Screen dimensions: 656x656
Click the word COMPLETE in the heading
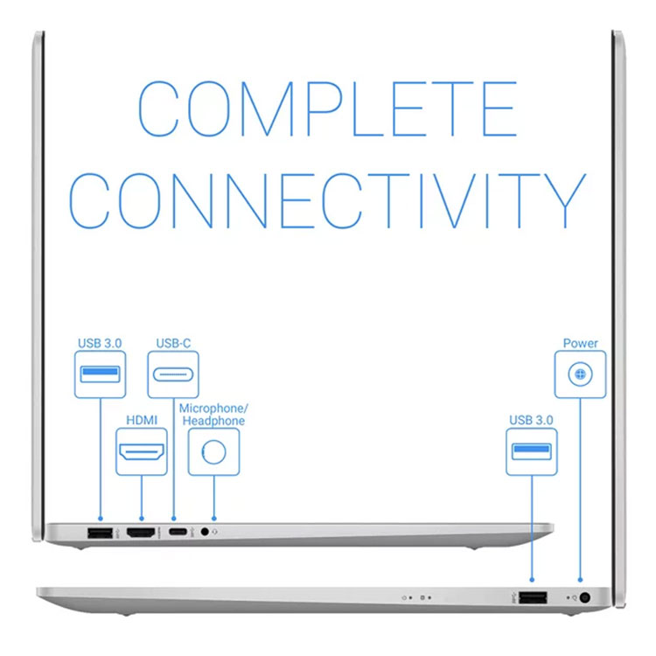[x=328, y=108]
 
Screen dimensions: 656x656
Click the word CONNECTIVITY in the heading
[x=328, y=200]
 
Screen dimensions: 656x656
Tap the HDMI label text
[x=142, y=420]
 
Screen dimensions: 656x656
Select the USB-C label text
[x=173, y=344]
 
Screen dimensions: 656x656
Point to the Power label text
[x=580, y=344]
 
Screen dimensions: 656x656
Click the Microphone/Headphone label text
[x=213, y=415]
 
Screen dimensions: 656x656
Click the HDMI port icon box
[x=142, y=452]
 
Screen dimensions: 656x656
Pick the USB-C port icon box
[x=173, y=374]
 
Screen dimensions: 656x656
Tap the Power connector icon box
[x=580, y=374]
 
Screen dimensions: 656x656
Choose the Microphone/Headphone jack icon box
[x=213, y=452]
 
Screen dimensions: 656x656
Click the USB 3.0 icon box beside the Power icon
[x=532, y=452]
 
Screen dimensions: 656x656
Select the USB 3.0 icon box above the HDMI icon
[x=100, y=374]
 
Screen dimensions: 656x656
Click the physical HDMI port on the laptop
[x=141, y=533]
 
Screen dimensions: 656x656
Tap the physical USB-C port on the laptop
[x=178, y=532]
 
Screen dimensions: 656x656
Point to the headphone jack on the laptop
[x=205, y=532]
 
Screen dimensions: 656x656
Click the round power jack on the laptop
[x=585, y=598]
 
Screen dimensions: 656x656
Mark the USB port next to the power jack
[x=533, y=597]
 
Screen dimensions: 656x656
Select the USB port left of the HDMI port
[x=100, y=533]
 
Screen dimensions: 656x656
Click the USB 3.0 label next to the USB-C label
[x=100, y=344]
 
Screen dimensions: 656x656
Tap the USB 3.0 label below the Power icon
[x=531, y=420]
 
